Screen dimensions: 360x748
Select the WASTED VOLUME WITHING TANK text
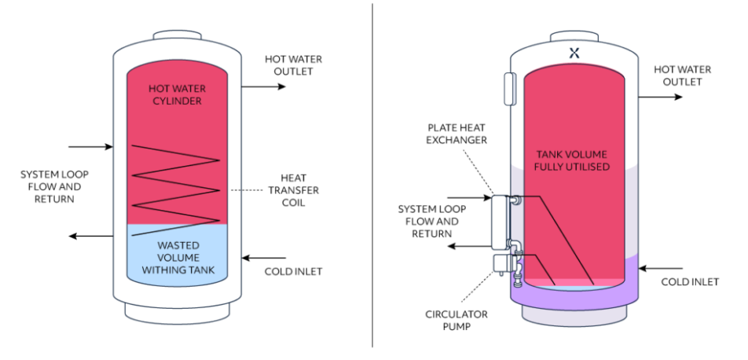pos(178,257)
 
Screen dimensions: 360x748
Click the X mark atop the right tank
pos(574,53)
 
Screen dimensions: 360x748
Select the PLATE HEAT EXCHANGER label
pos(458,134)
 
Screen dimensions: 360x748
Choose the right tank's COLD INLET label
pos(690,281)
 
